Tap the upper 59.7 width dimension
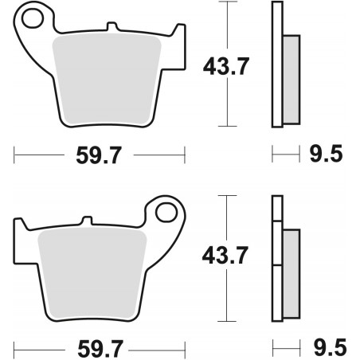100,155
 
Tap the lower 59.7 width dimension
100,347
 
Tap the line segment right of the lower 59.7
159,347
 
